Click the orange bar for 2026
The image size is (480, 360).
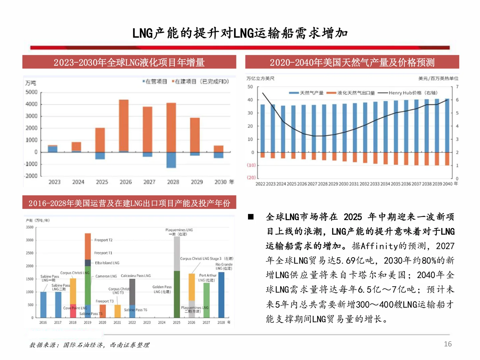click(124, 125)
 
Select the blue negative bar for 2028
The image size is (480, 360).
click(171, 160)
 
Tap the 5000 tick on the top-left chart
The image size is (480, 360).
click(32, 92)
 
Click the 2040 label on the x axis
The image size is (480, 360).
click(448, 184)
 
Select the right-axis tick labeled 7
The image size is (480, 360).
click(457, 87)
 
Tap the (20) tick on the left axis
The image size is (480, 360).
click(251, 178)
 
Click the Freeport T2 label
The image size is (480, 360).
click(103, 240)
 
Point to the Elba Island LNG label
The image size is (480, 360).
click(107, 263)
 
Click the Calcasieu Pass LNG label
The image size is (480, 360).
click(136, 276)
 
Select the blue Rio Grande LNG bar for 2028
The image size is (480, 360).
click(221, 295)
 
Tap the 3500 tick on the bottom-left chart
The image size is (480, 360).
click(30, 227)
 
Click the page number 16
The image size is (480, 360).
click(448, 344)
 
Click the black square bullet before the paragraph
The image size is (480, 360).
click(251, 217)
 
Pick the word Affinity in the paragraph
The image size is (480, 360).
click(379, 246)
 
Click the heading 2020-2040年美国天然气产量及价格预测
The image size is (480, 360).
click(352, 62)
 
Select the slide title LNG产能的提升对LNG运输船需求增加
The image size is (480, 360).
click(240, 33)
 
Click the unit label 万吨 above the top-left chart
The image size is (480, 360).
click(31, 83)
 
